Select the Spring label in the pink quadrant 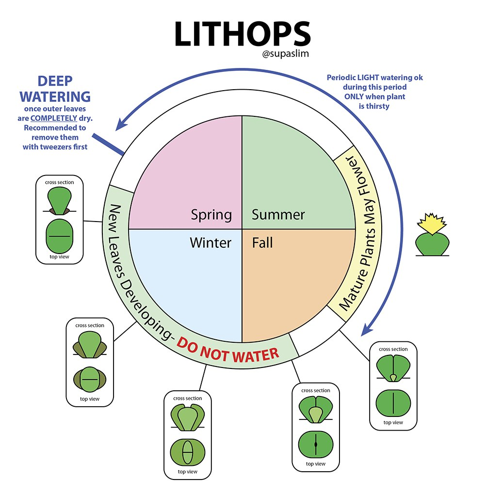[x=211, y=214]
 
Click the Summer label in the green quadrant [x=278, y=214]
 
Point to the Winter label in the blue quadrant [x=210, y=242]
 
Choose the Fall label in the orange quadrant [x=262, y=242]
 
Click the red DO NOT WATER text [x=228, y=351]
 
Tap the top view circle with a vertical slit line [x=393, y=401]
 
